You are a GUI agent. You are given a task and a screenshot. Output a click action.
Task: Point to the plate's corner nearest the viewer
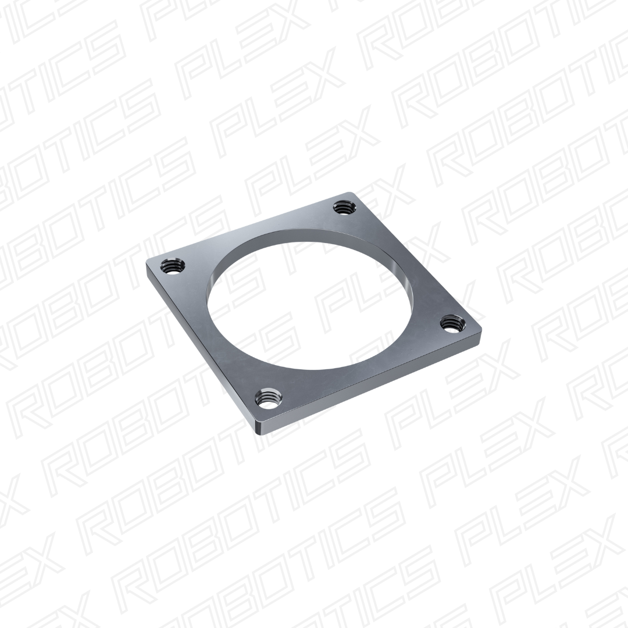(x=259, y=431)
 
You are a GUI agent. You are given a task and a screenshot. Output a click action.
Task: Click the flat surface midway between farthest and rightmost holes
(x=401, y=262)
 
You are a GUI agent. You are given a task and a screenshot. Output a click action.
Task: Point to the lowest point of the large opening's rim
(x=326, y=369)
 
